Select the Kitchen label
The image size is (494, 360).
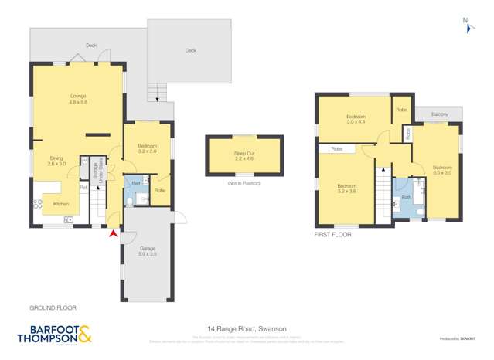point(61,204)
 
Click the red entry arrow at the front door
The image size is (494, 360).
point(114,233)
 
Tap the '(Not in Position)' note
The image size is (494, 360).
point(244,184)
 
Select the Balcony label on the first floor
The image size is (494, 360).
point(440,114)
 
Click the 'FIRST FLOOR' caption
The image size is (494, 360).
point(333,233)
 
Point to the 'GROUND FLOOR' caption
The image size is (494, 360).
point(53,307)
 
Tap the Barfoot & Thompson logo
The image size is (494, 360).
point(54,335)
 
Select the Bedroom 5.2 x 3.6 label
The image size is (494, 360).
point(346,188)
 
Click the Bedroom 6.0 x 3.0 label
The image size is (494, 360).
point(441,169)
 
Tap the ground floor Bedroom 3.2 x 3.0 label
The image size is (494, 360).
point(148,148)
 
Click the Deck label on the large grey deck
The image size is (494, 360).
point(190,50)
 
